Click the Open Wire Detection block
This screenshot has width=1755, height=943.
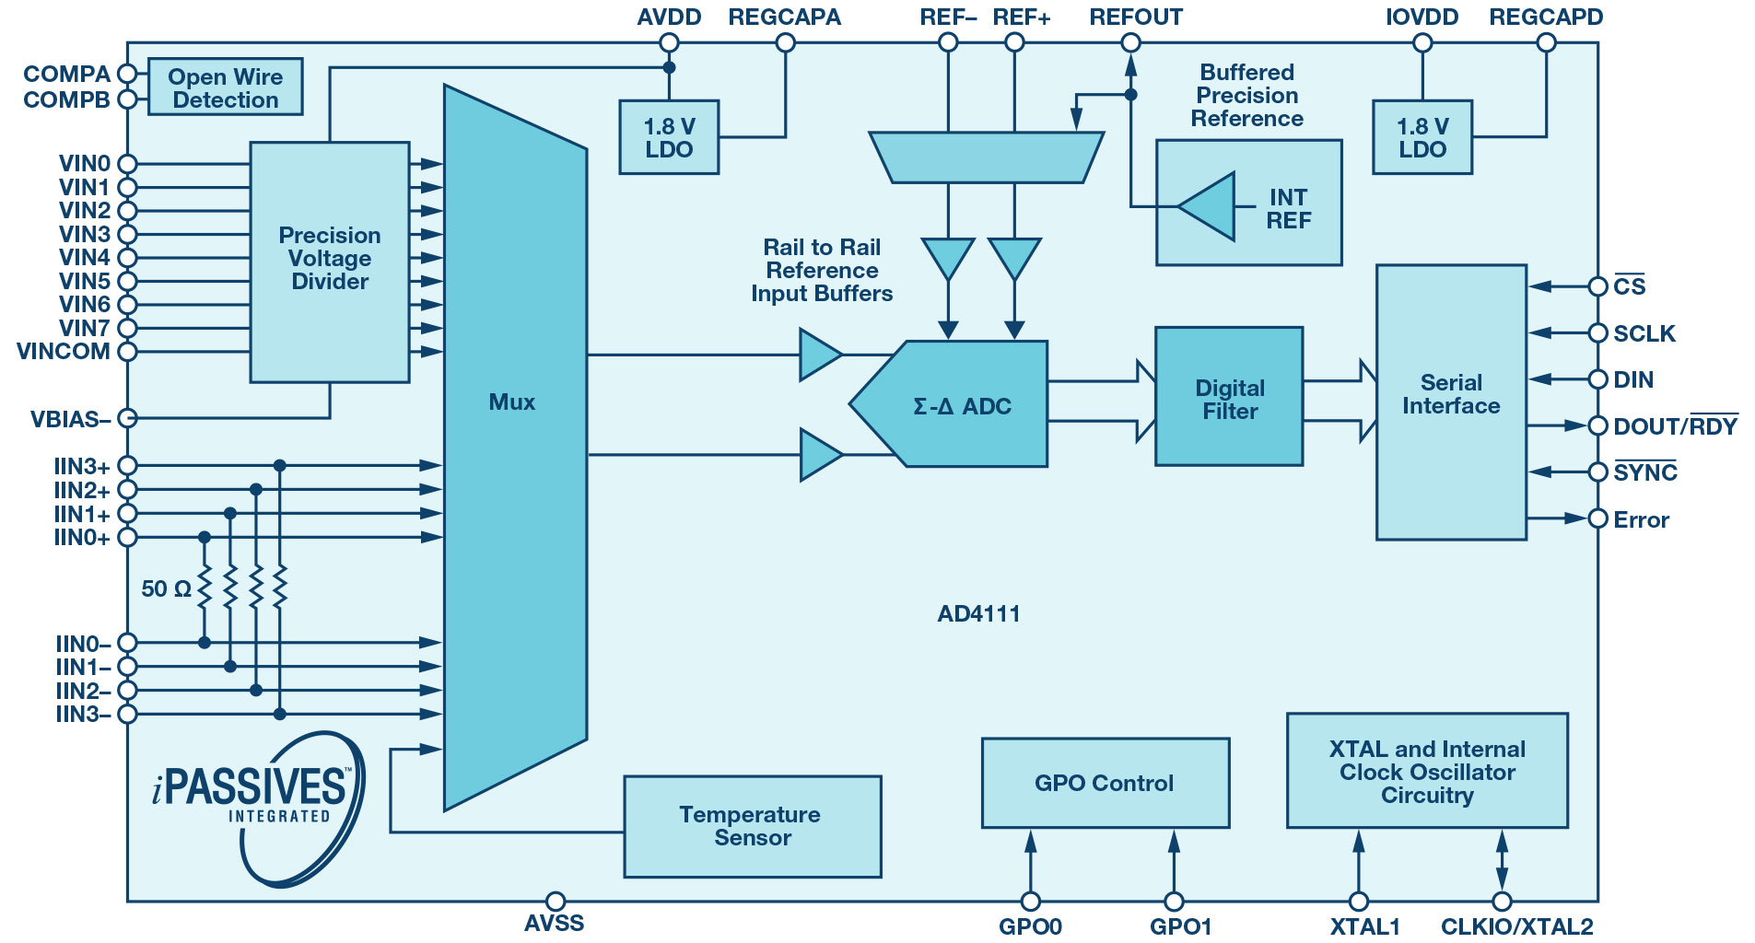(225, 87)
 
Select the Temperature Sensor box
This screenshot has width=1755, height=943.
(752, 826)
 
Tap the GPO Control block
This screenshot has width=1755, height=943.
(1105, 783)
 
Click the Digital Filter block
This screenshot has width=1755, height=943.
(1229, 398)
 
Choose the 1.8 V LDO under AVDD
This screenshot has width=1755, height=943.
(669, 138)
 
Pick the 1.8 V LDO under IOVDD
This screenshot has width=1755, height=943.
(1422, 138)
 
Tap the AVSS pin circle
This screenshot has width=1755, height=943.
(555, 901)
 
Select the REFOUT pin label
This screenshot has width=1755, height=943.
(1135, 17)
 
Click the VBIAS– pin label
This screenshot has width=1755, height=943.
(70, 420)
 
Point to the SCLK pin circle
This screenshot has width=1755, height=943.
(1598, 333)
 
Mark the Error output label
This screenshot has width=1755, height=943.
(1641, 519)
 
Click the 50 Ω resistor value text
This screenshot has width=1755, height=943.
(166, 588)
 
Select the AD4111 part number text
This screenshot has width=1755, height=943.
(978, 614)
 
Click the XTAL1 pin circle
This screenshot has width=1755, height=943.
(1358, 902)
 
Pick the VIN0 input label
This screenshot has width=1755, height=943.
(84, 164)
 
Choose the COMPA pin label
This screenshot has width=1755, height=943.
(66, 74)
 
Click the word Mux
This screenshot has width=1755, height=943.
(511, 402)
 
